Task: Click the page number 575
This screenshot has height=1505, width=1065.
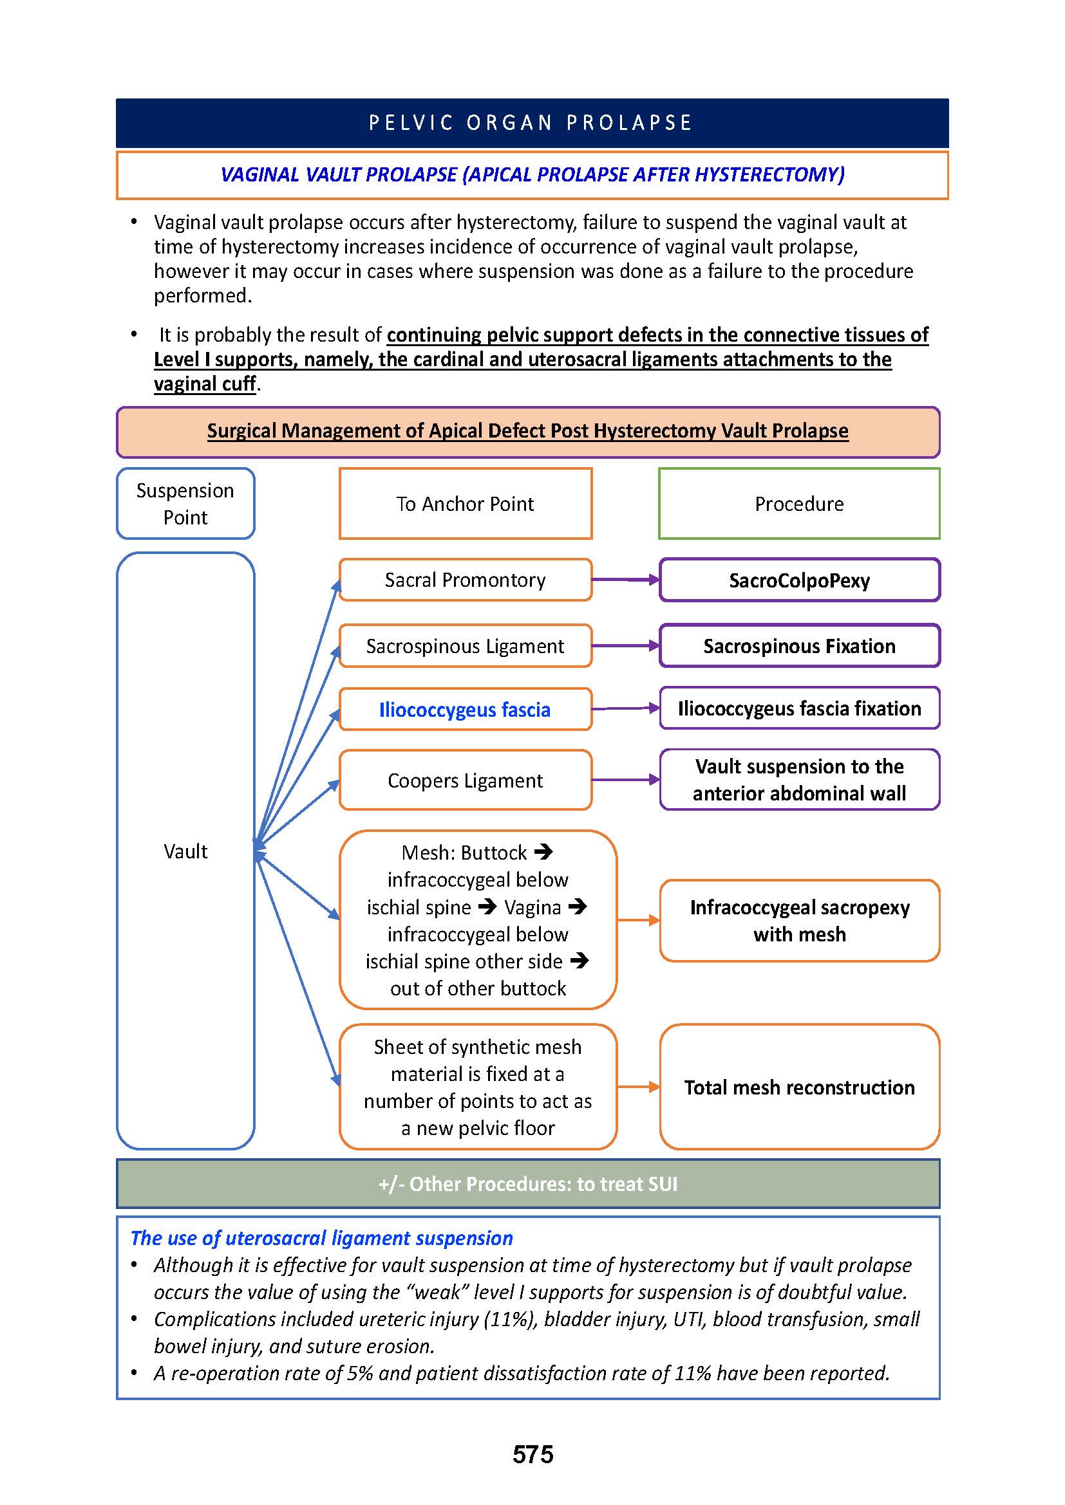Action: [x=532, y=1454]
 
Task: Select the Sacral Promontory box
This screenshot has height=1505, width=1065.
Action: [x=465, y=580]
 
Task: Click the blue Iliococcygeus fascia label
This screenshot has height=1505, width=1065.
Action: [x=464, y=710]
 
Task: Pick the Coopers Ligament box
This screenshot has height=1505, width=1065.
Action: [x=465, y=780]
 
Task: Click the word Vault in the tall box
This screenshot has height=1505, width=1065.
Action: [x=185, y=851]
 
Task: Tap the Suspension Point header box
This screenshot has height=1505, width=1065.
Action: [x=185, y=503]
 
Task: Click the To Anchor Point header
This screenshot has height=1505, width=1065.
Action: [x=465, y=503]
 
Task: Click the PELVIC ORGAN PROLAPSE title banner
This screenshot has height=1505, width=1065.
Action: [x=532, y=124]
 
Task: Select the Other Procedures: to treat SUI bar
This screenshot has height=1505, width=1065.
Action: [x=528, y=1184]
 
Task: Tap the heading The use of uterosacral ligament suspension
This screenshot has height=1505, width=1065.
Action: [x=321, y=1238]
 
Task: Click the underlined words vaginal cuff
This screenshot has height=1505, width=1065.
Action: [x=205, y=384]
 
